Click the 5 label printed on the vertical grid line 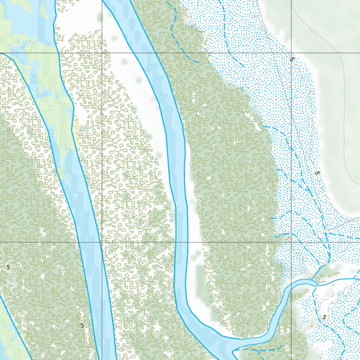pyautogui.click(x=291, y=59)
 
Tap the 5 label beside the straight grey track pyautogui.click(x=317, y=173)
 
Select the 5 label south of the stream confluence pyautogui.click(x=324, y=317)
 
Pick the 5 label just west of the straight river pyautogui.click(x=82, y=325)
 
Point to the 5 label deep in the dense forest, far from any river pyautogui.click(x=8, y=267)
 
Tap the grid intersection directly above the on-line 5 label pyautogui.click(x=291, y=53)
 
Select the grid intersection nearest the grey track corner pyautogui.click(x=291, y=242)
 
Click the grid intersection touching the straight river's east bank pyautogui.click(x=102, y=242)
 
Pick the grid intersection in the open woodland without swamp pyautogui.click(x=102, y=53)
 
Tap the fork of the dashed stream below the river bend pyautogui.click(x=258, y=350)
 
